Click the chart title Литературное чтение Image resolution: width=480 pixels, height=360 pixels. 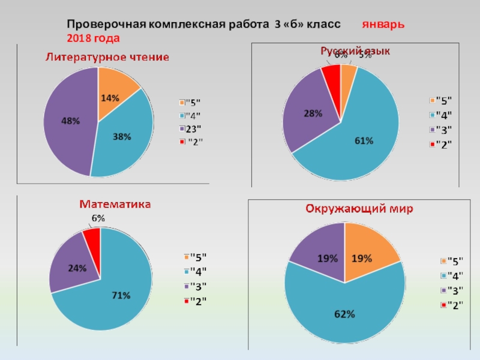coord(108,57)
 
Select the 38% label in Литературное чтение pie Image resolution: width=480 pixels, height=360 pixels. coord(122,137)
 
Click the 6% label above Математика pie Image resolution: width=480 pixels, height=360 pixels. coord(97,219)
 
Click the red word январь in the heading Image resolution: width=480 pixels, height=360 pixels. coord(382,25)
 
